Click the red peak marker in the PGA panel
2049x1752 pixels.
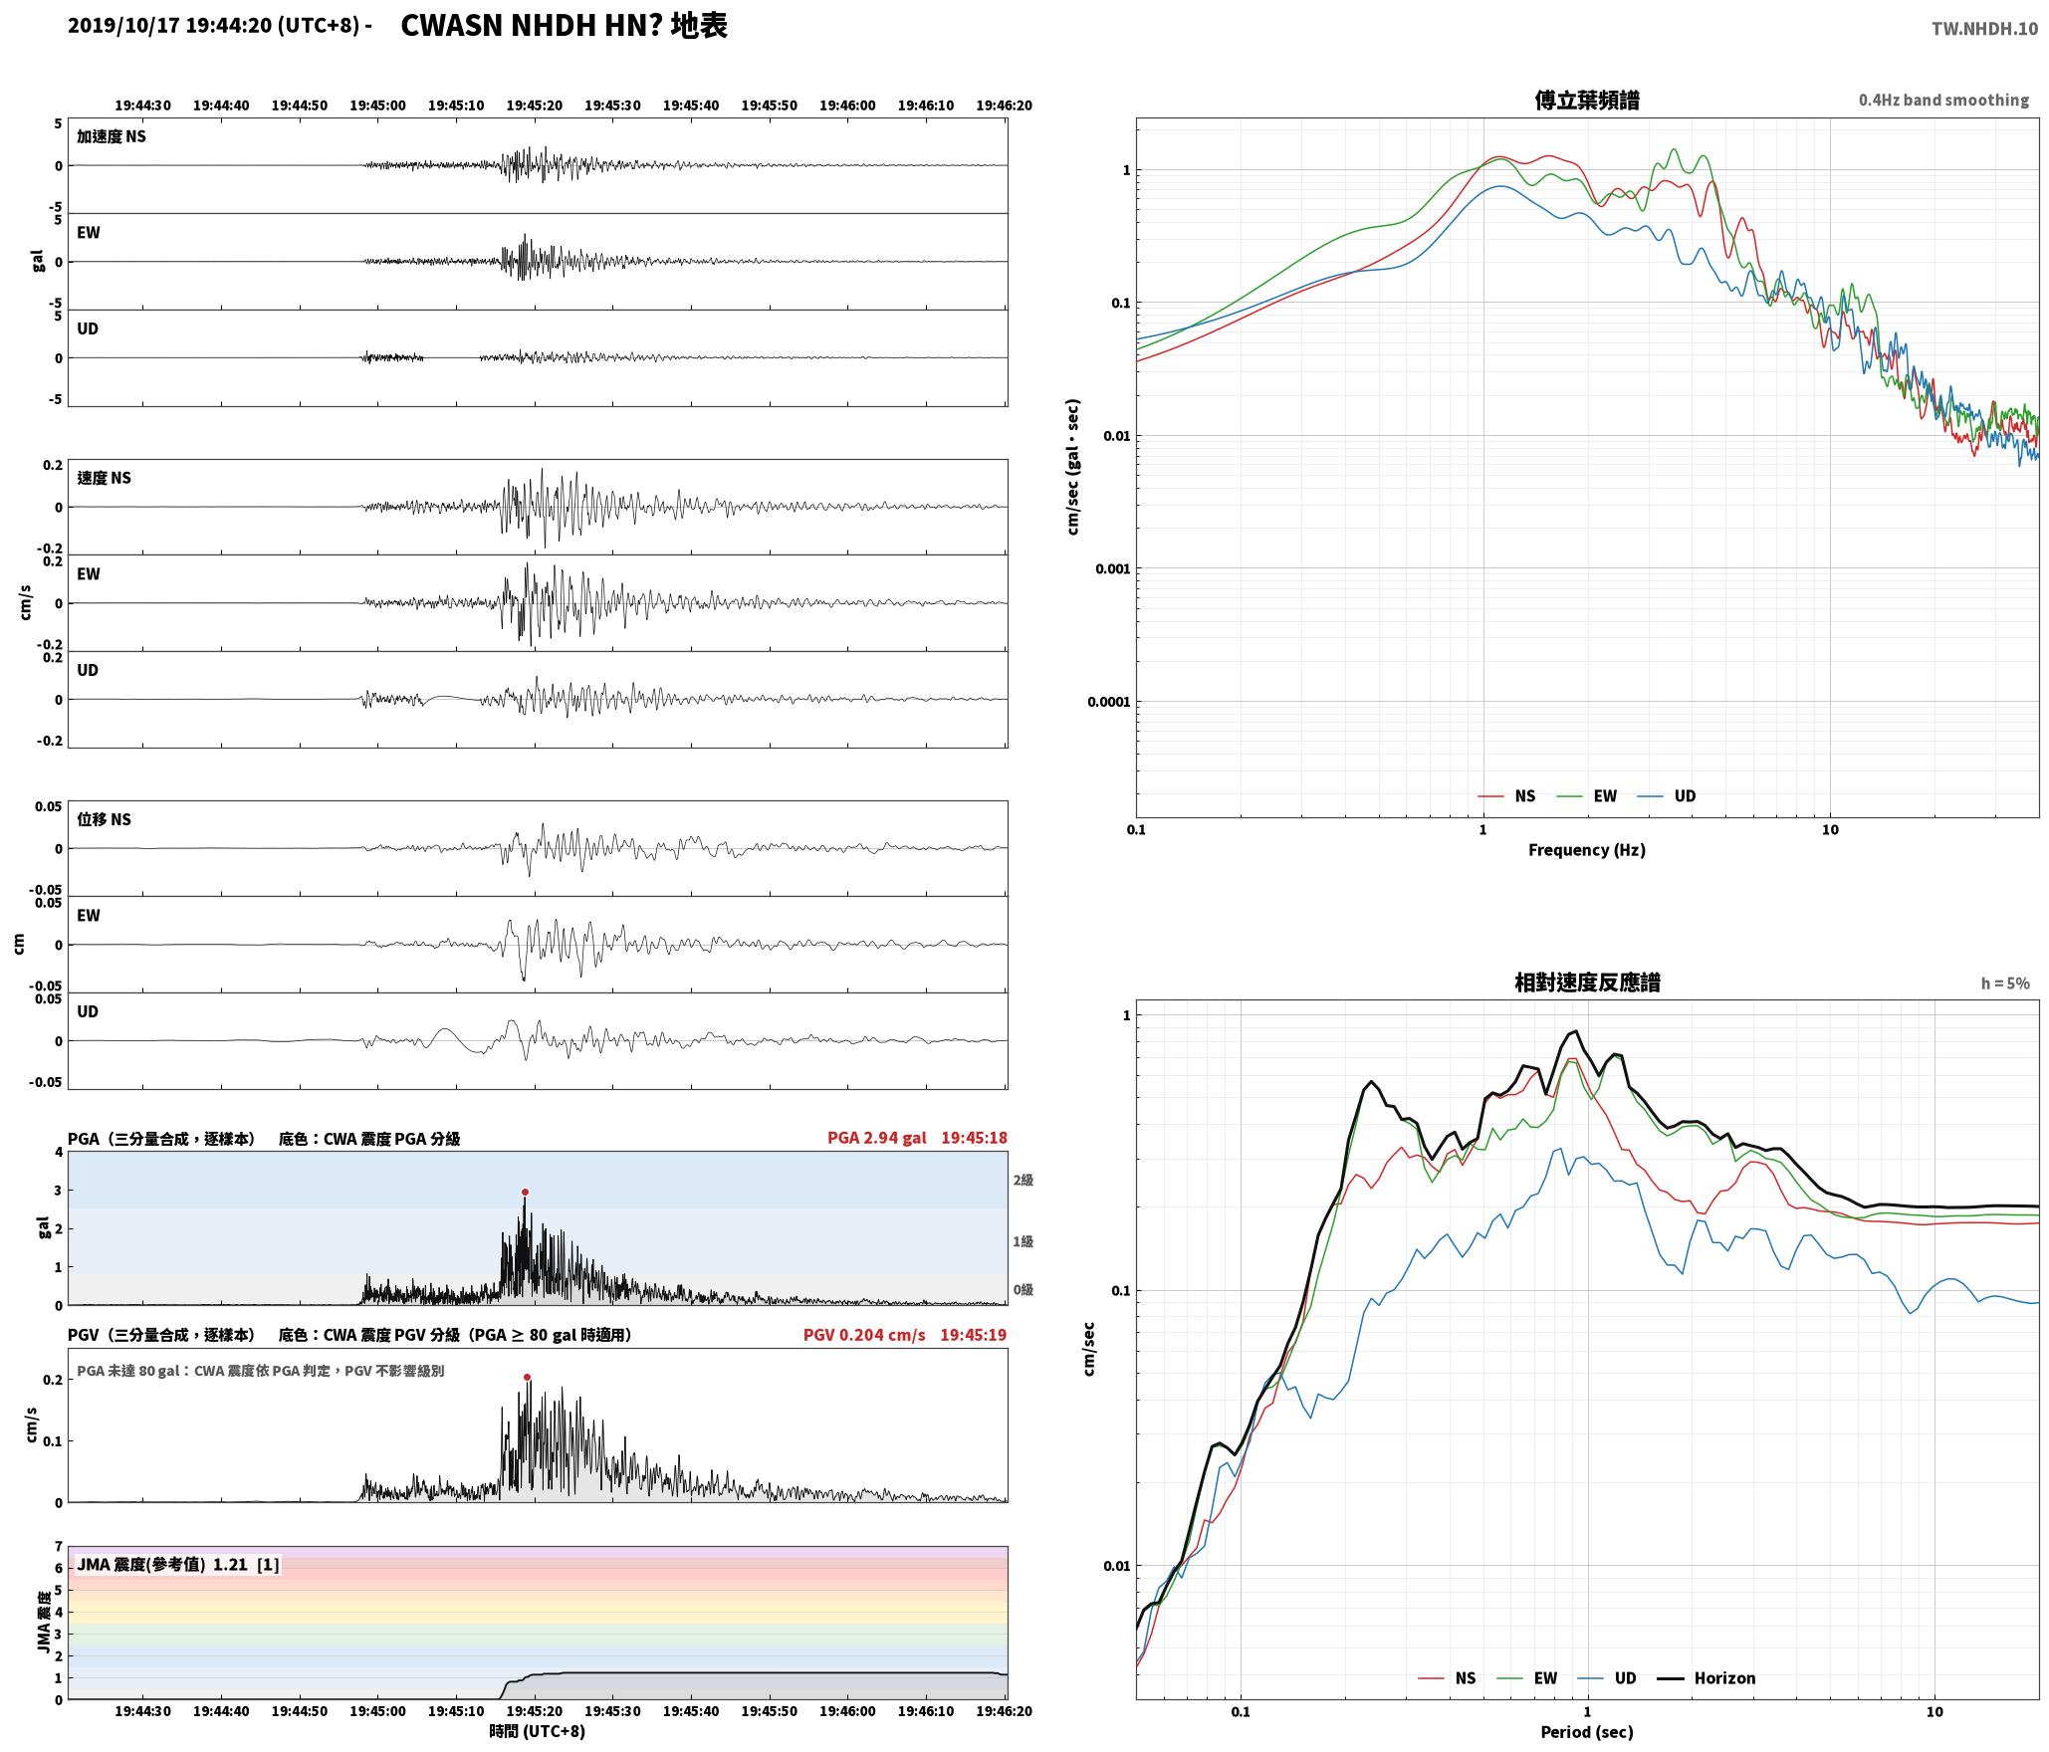pyautogui.click(x=525, y=1192)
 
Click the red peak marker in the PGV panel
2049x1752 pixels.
pyautogui.click(x=527, y=1378)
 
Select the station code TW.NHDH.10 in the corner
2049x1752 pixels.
pyautogui.click(x=1984, y=29)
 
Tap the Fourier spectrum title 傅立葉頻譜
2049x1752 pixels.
pyautogui.click(x=1587, y=100)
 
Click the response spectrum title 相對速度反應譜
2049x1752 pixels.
pyautogui.click(x=1587, y=983)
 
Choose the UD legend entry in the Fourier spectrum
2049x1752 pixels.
pyautogui.click(x=1667, y=796)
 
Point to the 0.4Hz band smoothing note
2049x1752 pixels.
pyautogui.click(x=1943, y=100)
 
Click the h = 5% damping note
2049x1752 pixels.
pyautogui.click(x=2005, y=984)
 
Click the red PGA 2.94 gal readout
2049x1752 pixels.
pyautogui.click(x=876, y=1138)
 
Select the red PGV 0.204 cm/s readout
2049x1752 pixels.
pyautogui.click(x=864, y=1335)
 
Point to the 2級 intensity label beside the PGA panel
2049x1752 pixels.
pyautogui.click(x=1024, y=1181)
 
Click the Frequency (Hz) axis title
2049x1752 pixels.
pyautogui.click(x=1587, y=850)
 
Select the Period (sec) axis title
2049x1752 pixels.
pyautogui.click(x=1587, y=1732)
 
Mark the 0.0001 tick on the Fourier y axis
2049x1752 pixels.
pyautogui.click(x=1109, y=702)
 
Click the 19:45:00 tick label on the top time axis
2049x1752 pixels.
pyautogui.click(x=377, y=106)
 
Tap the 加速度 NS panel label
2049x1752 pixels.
pyautogui.click(x=112, y=136)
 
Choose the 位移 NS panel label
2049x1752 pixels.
pyautogui.click(x=105, y=819)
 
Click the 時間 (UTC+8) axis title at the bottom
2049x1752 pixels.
pyautogui.click(x=537, y=1731)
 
